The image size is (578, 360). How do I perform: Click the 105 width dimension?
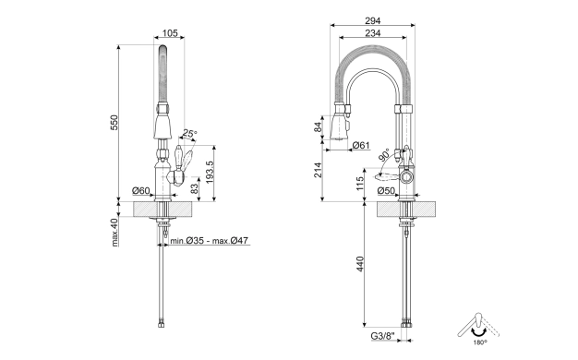(170, 33)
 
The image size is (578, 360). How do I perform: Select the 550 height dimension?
(114, 123)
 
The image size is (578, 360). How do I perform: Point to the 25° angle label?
(190, 134)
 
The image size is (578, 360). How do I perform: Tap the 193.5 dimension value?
(211, 173)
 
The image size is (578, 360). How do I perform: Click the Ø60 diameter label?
(141, 190)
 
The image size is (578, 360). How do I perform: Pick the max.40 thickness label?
(114, 232)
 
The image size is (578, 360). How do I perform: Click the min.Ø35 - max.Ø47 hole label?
(209, 241)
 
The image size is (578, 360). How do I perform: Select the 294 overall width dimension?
(373, 20)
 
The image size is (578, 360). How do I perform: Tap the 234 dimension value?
(373, 33)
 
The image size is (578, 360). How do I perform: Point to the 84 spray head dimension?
(318, 127)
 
